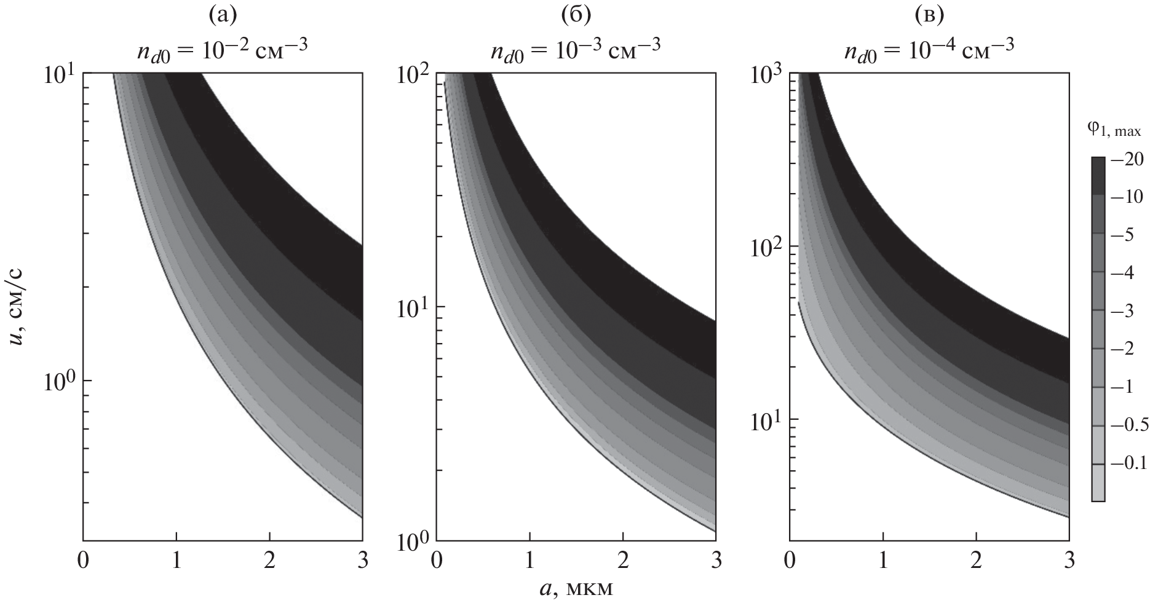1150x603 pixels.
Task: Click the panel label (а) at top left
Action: [x=222, y=15]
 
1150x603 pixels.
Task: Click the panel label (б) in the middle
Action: [x=576, y=15]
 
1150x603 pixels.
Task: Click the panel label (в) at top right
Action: [x=929, y=15]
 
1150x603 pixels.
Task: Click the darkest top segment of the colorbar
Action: [x=1098, y=176]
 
